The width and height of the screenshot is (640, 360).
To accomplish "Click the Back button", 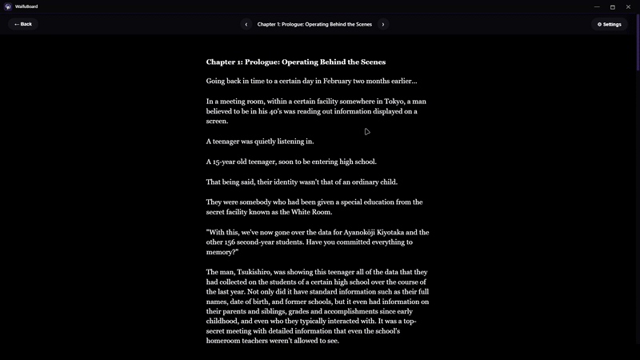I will click(x=23, y=24).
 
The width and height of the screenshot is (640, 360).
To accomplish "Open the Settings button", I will click(x=609, y=24).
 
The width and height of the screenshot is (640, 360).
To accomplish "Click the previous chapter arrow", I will click(x=246, y=24).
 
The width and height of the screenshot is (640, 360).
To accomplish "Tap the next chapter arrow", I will click(x=383, y=24).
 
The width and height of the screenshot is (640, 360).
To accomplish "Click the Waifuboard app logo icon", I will click(x=7, y=6).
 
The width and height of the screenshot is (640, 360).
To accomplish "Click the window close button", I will click(x=630, y=6).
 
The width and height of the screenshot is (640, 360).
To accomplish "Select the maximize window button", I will click(x=613, y=6).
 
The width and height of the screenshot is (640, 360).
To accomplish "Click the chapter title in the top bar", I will click(x=314, y=24).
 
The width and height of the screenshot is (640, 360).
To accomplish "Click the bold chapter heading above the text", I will click(x=295, y=62).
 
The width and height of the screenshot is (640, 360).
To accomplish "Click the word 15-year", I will click(x=227, y=162).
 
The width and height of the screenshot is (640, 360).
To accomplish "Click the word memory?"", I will click(x=222, y=252).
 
